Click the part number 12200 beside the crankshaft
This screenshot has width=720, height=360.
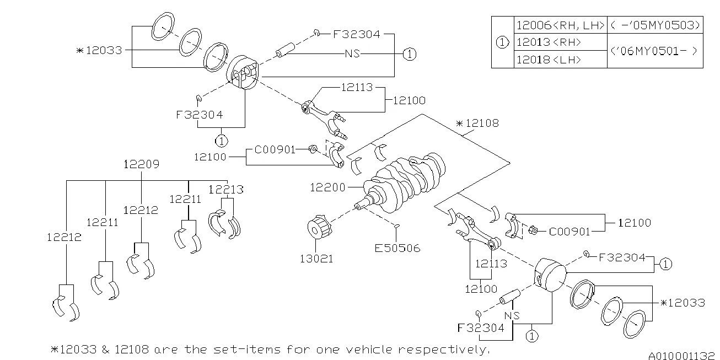click(x=327, y=188)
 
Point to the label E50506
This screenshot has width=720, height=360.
click(x=397, y=248)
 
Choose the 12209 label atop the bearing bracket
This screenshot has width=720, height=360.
click(x=141, y=164)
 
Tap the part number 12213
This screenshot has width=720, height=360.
click(x=226, y=190)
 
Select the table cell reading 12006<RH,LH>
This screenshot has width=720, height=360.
click(x=560, y=25)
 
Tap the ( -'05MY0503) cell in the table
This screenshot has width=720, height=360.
click(x=655, y=25)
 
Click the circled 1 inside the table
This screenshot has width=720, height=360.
click(x=502, y=42)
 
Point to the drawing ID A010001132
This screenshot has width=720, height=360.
click(x=683, y=355)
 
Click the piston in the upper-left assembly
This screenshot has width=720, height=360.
click(x=244, y=72)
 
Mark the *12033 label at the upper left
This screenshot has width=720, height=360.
click(x=100, y=50)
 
